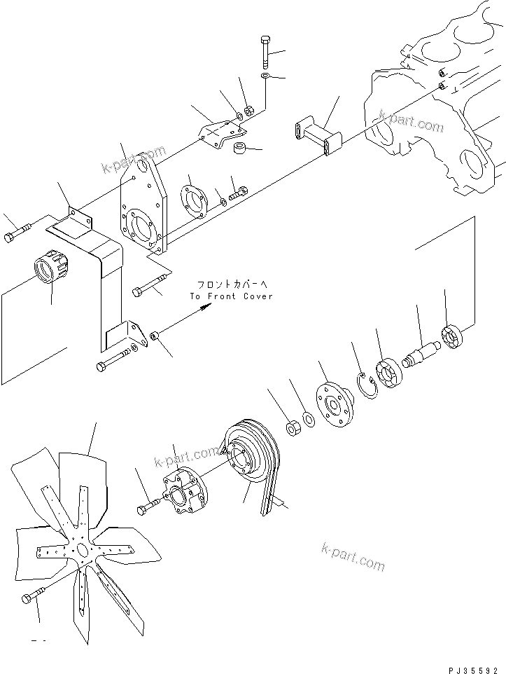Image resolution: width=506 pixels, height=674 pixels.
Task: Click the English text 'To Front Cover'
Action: (x=232, y=296)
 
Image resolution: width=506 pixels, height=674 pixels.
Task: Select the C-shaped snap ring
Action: (x=367, y=385)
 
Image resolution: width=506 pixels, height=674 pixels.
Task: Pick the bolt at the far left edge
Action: (x=16, y=233)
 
